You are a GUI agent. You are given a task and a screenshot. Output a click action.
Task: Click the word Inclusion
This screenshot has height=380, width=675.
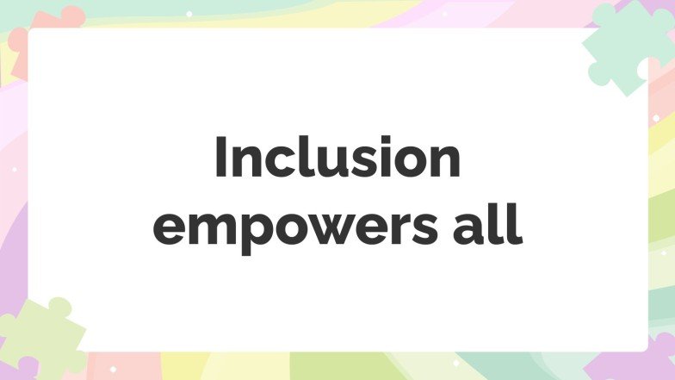[337, 159]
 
